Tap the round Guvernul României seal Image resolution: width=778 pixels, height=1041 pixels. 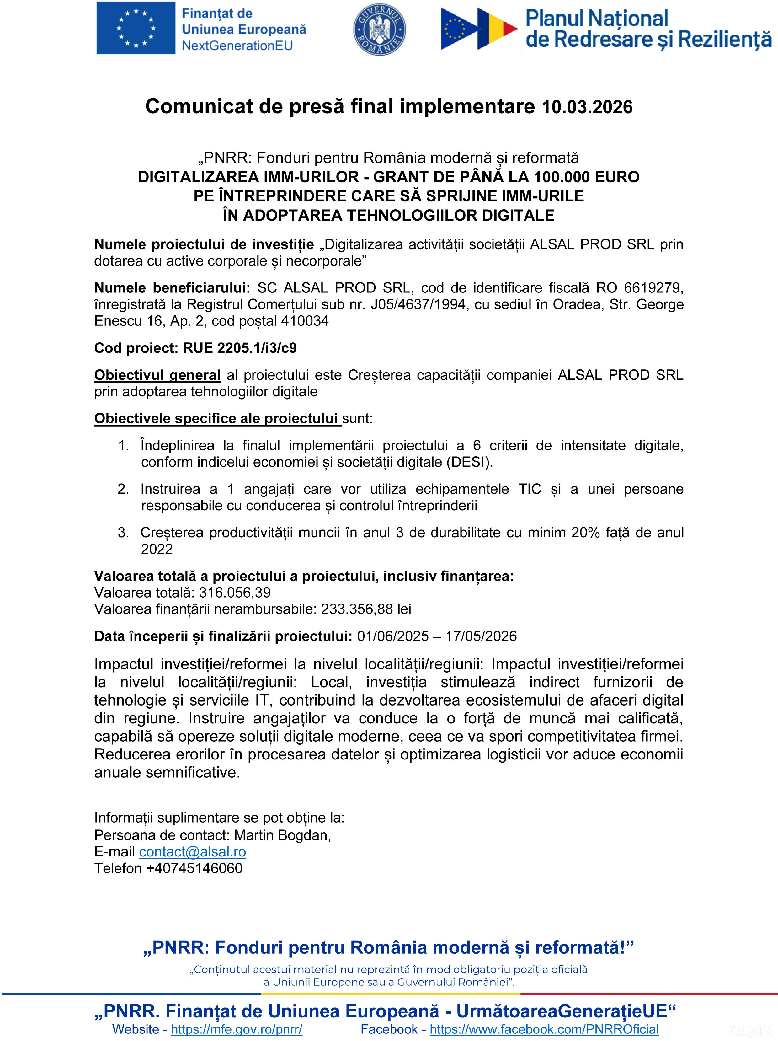point(379,29)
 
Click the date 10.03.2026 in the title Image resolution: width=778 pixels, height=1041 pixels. point(587,107)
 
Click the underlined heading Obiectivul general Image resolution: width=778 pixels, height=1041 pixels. point(157,375)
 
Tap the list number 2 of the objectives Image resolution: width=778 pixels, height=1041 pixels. point(123,489)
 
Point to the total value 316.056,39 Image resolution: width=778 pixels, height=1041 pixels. point(235,593)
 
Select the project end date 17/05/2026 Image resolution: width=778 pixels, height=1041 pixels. point(481,636)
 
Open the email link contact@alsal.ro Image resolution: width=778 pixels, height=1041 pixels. point(192,852)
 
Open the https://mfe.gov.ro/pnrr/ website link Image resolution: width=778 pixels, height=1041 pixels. point(237,1029)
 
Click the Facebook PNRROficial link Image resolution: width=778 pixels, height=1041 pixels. point(544,1029)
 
